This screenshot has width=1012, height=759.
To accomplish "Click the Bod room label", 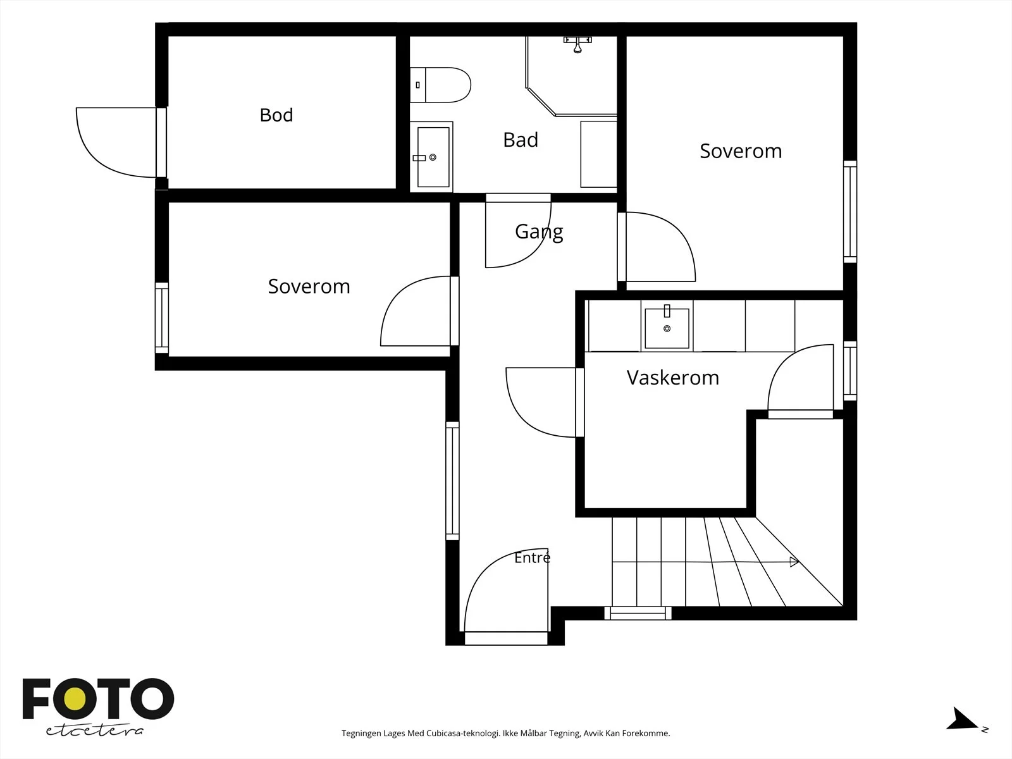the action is (x=276, y=115).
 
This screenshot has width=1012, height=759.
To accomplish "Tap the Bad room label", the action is (x=521, y=140).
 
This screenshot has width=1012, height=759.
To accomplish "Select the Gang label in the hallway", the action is (x=539, y=232).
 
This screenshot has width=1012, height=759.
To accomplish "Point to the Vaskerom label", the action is (x=673, y=378).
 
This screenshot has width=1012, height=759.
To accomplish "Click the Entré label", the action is (x=532, y=558).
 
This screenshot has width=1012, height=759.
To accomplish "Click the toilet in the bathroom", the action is (x=440, y=85).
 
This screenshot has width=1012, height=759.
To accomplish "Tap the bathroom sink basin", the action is (x=433, y=157).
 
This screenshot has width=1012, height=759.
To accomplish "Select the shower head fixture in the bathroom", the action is (x=577, y=45).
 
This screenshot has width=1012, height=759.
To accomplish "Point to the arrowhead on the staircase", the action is (x=794, y=562).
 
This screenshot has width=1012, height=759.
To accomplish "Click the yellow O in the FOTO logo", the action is (x=75, y=699).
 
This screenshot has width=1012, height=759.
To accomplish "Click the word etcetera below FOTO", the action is (x=94, y=731).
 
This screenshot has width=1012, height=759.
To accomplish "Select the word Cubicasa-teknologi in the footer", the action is (x=463, y=733).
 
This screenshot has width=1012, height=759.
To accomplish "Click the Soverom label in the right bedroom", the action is (x=741, y=151).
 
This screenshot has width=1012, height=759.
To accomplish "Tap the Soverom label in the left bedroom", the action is (x=309, y=287).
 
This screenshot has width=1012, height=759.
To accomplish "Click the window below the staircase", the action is (x=638, y=614).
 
